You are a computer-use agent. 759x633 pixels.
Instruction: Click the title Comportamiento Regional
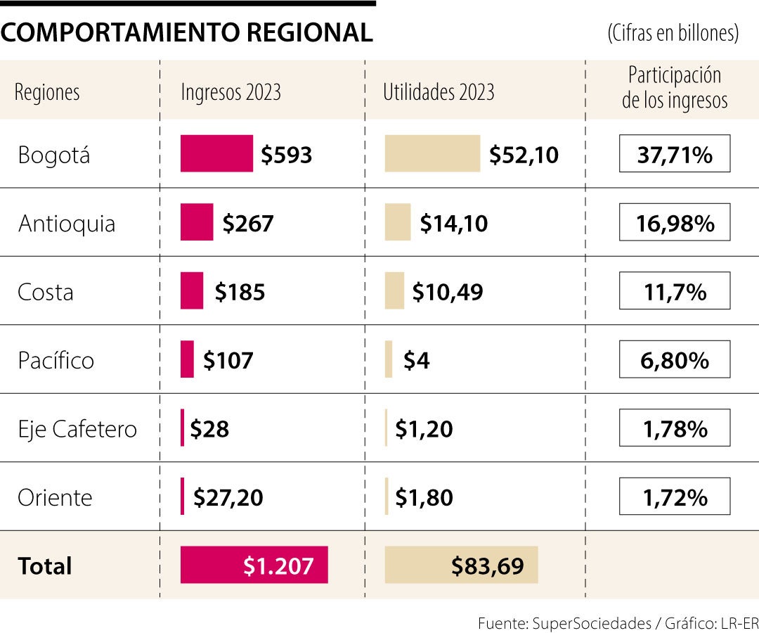(x=187, y=32)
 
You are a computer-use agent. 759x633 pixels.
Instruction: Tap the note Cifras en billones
(x=673, y=33)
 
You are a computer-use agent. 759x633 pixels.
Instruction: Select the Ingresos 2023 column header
(x=231, y=92)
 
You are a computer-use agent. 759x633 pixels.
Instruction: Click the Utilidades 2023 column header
(x=439, y=92)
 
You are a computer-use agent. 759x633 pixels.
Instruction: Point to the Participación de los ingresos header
(x=674, y=88)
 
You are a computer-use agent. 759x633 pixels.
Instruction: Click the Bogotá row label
(x=54, y=155)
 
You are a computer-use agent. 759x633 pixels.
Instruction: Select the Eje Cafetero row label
(x=77, y=429)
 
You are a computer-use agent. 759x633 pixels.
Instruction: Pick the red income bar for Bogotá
(x=216, y=153)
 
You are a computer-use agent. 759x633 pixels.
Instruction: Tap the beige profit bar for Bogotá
(x=432, y=153)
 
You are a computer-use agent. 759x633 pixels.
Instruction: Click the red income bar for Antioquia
(x=197, y=222)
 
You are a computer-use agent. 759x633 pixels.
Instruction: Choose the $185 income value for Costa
(x=240, y=292)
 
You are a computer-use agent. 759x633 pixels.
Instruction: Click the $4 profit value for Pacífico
(x=416, y=361)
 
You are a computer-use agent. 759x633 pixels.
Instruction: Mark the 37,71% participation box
(x=675, y=155)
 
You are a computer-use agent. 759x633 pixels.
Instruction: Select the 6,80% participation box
(x=675, y=361)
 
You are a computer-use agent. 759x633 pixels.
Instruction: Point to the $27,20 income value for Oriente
(x=228, y=498)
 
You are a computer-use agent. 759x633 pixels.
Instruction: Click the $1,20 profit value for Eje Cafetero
(x=424, y=429)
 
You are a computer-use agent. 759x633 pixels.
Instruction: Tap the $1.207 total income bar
(x=254, y=565)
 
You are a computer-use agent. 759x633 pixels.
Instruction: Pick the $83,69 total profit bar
(x=461, y=565)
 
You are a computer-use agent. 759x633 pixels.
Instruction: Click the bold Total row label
(x=45, y=566)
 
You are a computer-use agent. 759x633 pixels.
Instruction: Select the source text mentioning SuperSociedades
(x=618, y=623)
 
